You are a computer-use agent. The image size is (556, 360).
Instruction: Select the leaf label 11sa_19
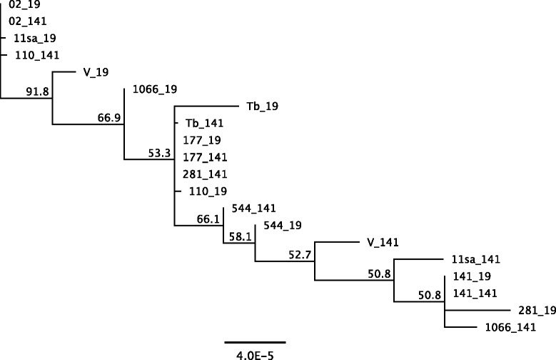pos(30,38)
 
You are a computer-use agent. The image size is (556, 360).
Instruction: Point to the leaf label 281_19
pos(532,311)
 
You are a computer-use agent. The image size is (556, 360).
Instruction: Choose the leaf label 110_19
pos(206,191)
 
